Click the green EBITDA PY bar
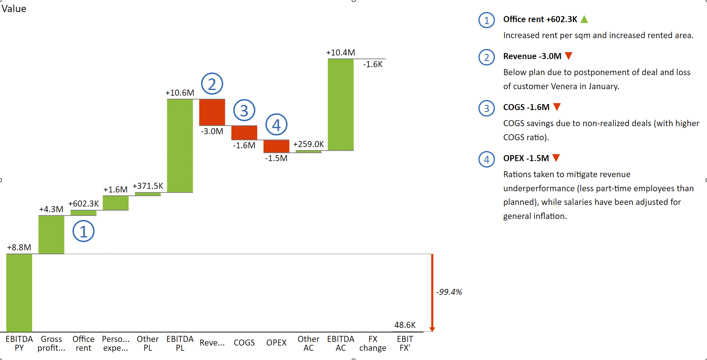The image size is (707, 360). (19, 292)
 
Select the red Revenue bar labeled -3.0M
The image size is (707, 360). (212, 112)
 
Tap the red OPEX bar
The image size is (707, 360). (276, 146)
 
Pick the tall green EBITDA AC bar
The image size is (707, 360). (341, 104)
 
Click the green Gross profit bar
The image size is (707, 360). (51, 235)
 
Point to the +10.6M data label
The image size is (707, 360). (180, 93)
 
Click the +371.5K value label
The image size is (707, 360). (148, 186)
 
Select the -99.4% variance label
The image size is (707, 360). (449, 292)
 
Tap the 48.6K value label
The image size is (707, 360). (405, 325)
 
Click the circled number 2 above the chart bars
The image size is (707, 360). (212, 84)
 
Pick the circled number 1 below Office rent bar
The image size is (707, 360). (84, 231)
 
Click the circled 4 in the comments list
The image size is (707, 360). (486, 160)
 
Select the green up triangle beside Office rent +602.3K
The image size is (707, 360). (584, 19)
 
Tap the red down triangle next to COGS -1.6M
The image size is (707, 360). (557, 107)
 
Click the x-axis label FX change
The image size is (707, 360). (373, 344)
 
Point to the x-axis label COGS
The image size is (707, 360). (244, 343)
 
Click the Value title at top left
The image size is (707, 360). (14, 9)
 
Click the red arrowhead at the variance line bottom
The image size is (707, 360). (432, 329)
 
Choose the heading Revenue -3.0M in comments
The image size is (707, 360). (532, 56)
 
